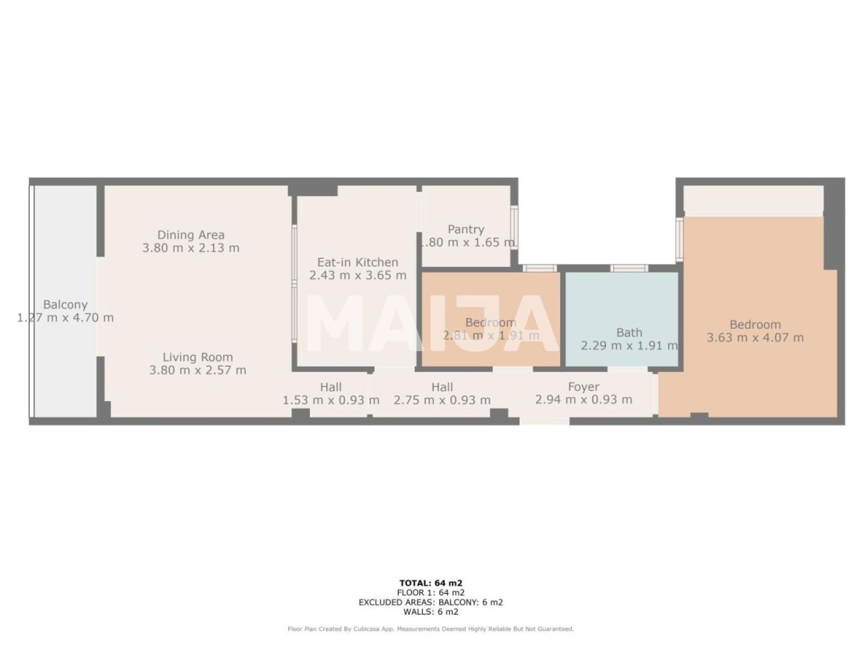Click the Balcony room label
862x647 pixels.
pos(65,305)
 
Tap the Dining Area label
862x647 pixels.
pos(191,235)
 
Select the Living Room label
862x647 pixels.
pos(197,357)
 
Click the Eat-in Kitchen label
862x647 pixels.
pos(358,262)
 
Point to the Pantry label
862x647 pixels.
pos(466,230)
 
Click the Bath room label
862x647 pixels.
pos(629,332)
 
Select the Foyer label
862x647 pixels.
pos(583,387)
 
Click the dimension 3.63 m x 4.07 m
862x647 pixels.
pos(755,338)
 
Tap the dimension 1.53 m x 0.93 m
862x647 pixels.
pos(331,400)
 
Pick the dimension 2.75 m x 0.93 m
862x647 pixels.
pos(442,400)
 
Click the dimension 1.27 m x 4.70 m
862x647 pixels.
pos(65,317)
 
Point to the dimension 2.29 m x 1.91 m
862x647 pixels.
pos(629,346)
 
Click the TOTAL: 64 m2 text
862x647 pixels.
pos(431,583)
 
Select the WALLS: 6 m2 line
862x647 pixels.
pos(431,612)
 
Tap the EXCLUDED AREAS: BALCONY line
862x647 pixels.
pos(431,603)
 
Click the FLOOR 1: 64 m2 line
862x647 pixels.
pos(431,593)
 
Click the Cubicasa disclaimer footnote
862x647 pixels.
pos(431,629)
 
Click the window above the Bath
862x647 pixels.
pos(629,268)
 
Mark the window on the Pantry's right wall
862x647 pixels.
pos(515,228)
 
